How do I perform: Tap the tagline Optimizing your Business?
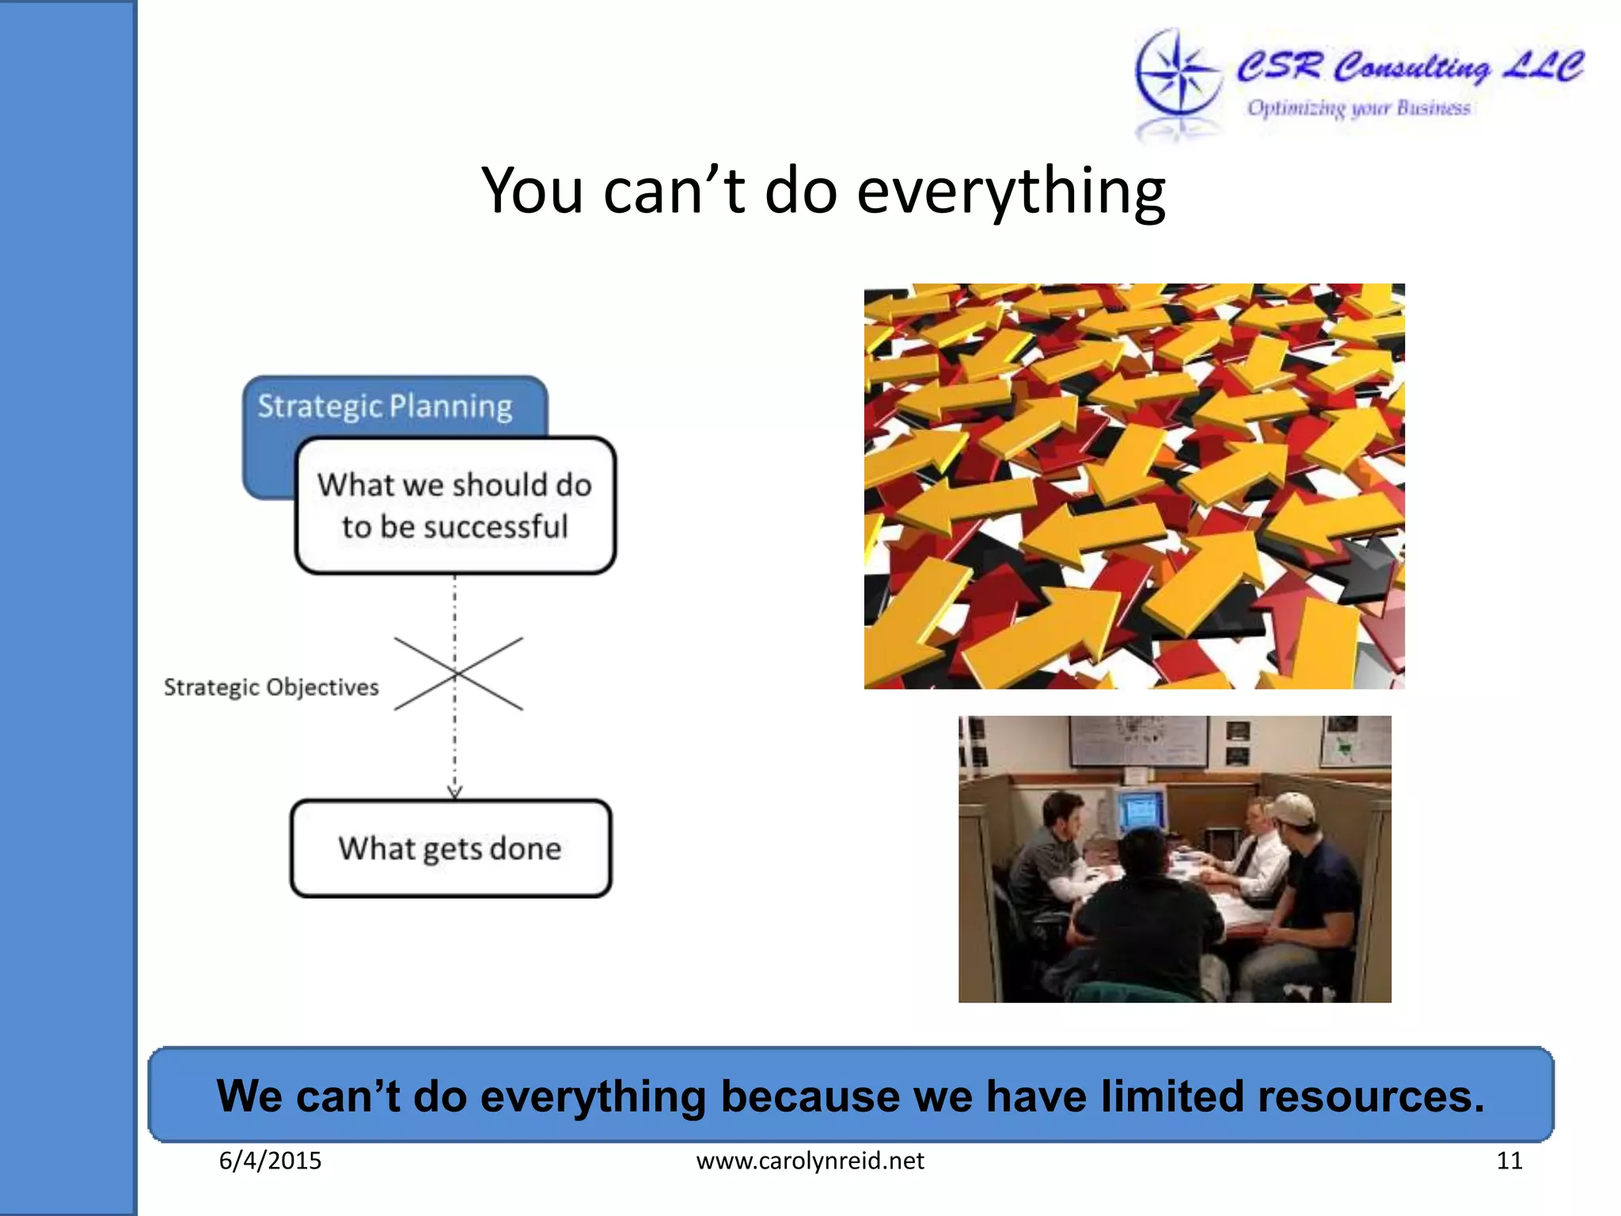click(x=1358, y=108)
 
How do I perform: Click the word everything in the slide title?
click(x=1011, y=192)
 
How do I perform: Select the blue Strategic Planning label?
click(x=385, y=406)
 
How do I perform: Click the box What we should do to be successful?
click(x=455, y=505)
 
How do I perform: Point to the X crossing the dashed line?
click(x=457, y=674)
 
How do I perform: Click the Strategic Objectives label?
click(x=271, y=687)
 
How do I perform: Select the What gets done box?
click(x=450, y=849)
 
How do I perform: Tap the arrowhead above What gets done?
click(x=454, y=791)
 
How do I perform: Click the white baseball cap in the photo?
click(x=1289, y=808)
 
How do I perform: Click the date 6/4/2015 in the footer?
click(x=270, y=1161)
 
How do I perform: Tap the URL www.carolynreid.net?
click(x=810, y=1161)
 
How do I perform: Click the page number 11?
click(x=1509, y=1161)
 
